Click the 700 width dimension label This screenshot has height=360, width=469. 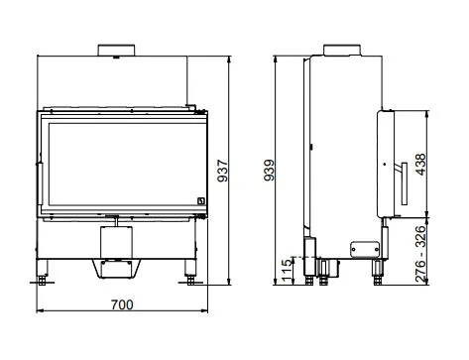(122, 304)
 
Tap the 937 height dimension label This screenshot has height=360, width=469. (223, 171)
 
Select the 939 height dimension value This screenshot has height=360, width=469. (270, 171)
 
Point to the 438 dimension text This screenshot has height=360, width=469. (420, 165)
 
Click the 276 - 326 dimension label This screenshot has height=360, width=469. (420, 254)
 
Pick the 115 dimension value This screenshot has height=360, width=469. (288, 270)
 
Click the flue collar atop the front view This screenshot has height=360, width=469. (116, 51)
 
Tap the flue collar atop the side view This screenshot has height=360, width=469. (342, 50)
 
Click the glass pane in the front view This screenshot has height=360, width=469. (126, 165)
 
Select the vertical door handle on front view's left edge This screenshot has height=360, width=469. (40, 183)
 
